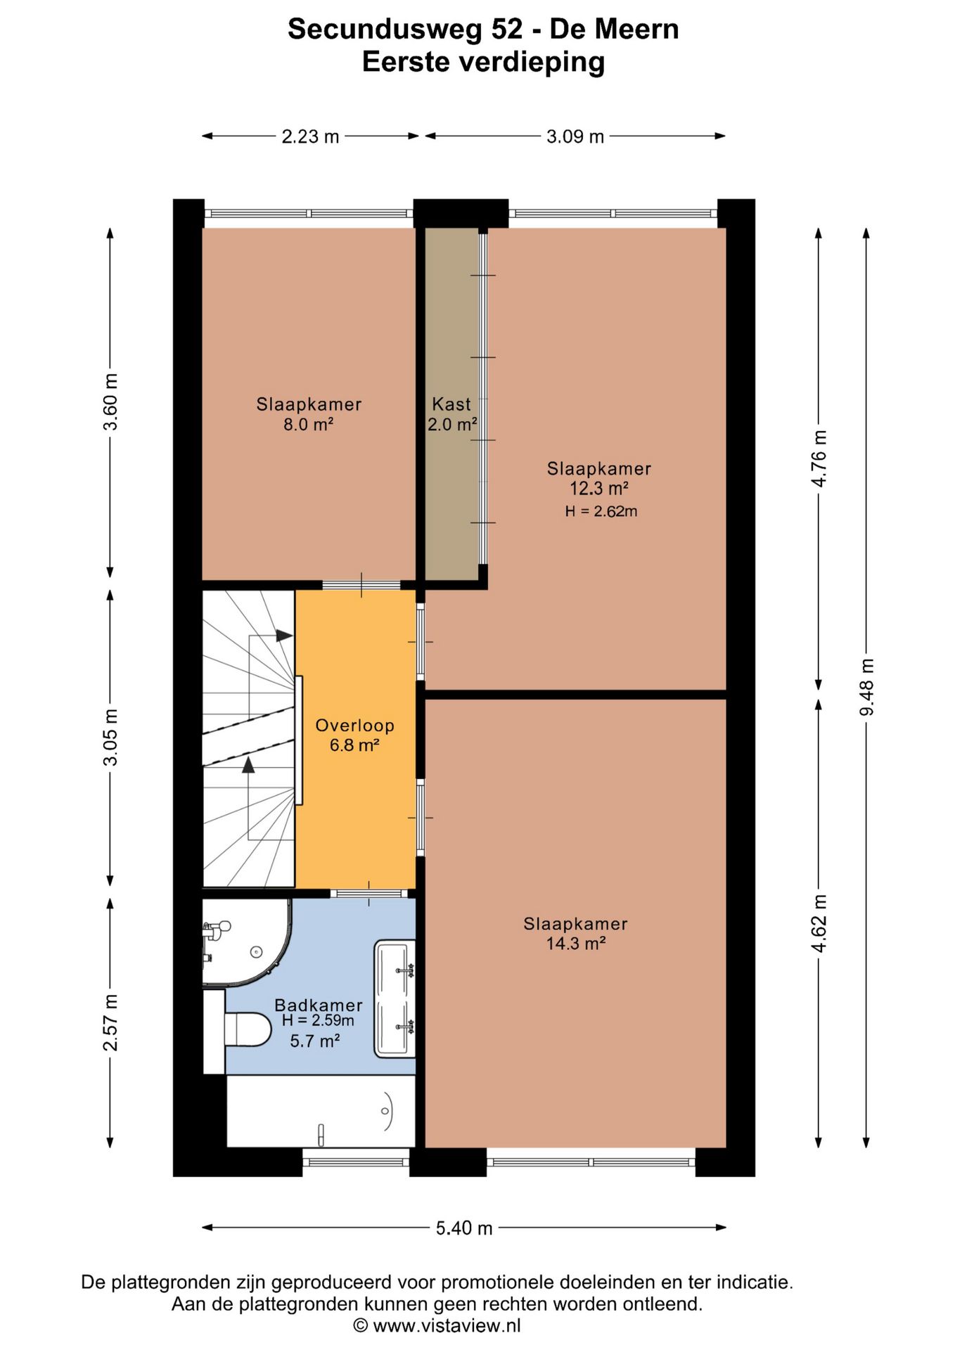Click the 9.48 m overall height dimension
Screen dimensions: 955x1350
pos(867,688)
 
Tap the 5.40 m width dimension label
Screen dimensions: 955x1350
pos(464,1228)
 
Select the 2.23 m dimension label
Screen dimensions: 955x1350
pos(310,136)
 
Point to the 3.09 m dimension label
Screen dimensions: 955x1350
pos(575,136)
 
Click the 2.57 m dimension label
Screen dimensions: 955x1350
pos(110,1022)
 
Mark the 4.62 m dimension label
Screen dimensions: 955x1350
pos(819,924)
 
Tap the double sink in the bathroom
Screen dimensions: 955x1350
pos(395,998)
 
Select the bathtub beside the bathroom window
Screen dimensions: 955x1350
pos(321,1111)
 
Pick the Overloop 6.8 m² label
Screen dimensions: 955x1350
pos(355,735)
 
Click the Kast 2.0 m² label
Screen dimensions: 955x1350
pos(452,414)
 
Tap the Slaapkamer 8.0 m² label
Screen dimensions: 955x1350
pos(309,414)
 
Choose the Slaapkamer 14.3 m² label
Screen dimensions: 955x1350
pos(575,934)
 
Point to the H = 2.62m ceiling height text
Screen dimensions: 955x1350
pos(601,512)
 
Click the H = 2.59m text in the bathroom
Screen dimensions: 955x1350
pos(318,1020)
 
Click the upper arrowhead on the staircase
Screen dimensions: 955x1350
pos(284,636)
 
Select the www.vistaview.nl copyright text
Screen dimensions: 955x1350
pos(437,1326)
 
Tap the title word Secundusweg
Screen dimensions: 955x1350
pos(406,30)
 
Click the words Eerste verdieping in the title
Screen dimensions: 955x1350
pos(484,62)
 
